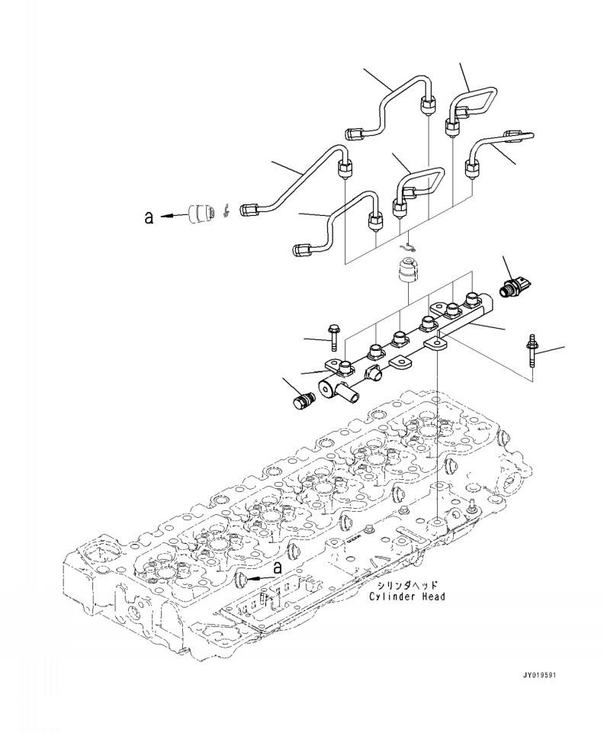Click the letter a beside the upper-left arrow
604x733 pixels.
[x=149, y=217]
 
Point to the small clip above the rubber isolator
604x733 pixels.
[x=410, y=246]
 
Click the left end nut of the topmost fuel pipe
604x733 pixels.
[x=354, y=134]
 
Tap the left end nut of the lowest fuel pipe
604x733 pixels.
[x=302, y=249]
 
